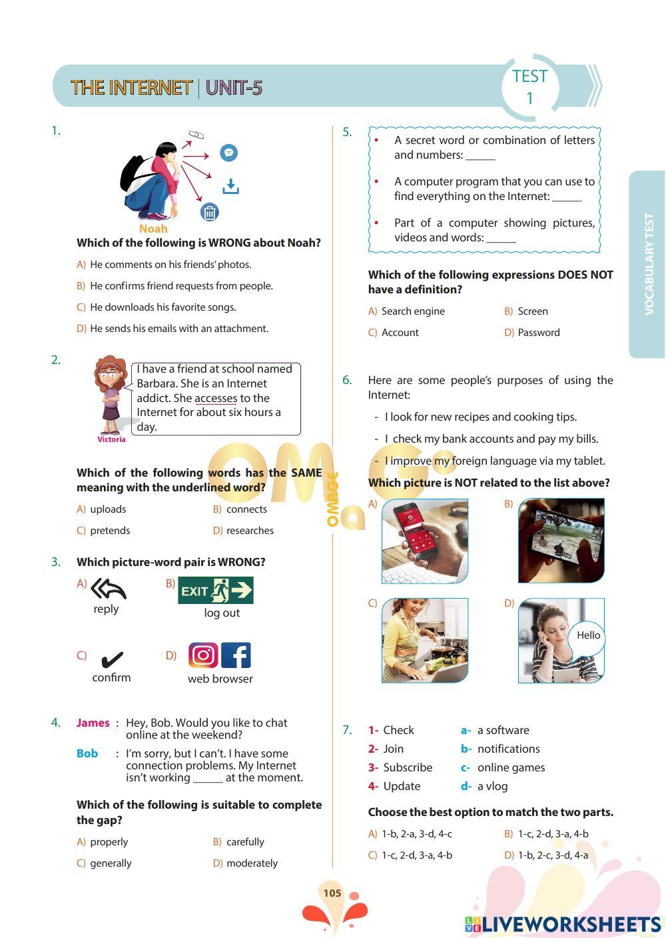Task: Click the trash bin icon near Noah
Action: tap(210, 213)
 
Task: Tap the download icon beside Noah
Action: tap(230, 186)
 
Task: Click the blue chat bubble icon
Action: tap(228, 153)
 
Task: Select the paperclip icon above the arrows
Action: tap(196, 135)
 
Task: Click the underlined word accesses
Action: tap(216, 398)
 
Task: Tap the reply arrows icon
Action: tap(108, 589)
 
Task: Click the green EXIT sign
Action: tap(215, 591)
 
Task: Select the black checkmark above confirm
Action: tap(111, 660)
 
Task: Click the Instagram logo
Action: tap(203, 655)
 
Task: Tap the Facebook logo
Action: tap(236, 655)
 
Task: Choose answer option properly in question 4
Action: tap(109, 842)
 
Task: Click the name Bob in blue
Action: tap(87, 753)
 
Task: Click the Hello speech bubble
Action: tap(588, 635)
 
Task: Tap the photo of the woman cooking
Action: tap(425, 640)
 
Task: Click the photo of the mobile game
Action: tap(561, 540)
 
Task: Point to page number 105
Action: tap(332, 893)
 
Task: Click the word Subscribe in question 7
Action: tap(408, 767)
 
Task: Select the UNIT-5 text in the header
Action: tap(234, 88)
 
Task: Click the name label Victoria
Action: tap(111, 439)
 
